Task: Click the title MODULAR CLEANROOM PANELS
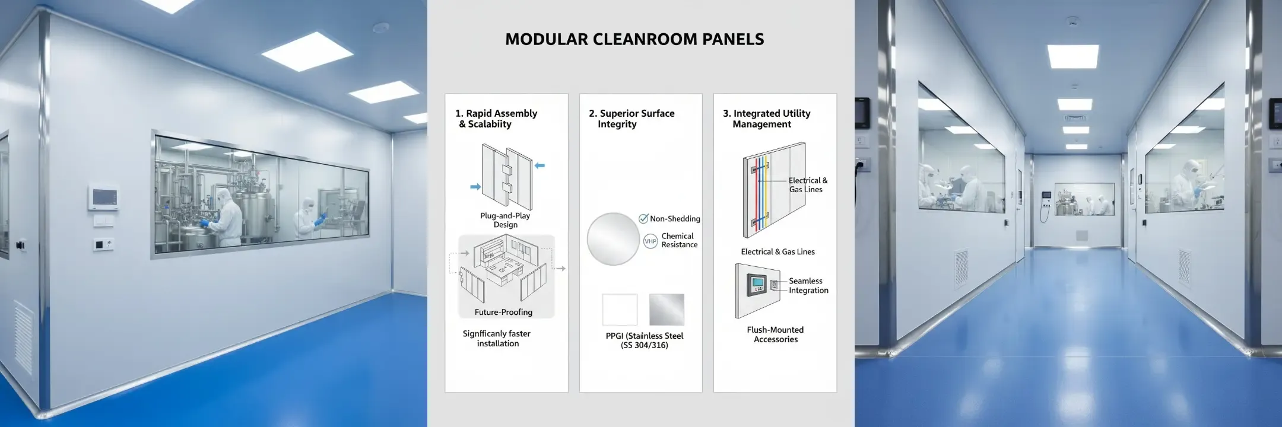click(634, 39)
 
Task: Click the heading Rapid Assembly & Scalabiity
click(496, 119)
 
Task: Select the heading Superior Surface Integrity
click(632, 119)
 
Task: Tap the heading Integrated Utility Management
click(766, 119)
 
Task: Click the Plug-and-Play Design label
click(505, 220)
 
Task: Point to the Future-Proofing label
click(503, 312)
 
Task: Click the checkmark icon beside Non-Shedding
click(643, 219)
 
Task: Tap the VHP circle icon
click(650, 241)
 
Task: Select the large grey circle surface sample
click(613, 239)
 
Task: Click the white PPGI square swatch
click(620, 310)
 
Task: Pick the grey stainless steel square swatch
click(667, 310)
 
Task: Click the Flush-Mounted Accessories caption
click(775, 334)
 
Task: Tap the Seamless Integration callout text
click(808, 286)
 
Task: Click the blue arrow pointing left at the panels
click(540, 166)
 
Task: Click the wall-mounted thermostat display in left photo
click(103, 197)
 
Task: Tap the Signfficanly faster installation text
click(497, 339)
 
